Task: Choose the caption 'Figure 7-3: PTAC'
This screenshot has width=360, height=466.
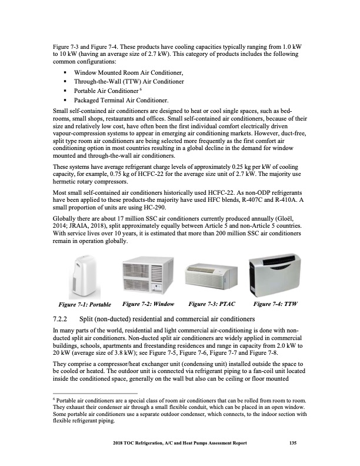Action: click(x=211, y=304)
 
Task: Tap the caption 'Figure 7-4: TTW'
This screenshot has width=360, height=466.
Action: click(x=276, y=304)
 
